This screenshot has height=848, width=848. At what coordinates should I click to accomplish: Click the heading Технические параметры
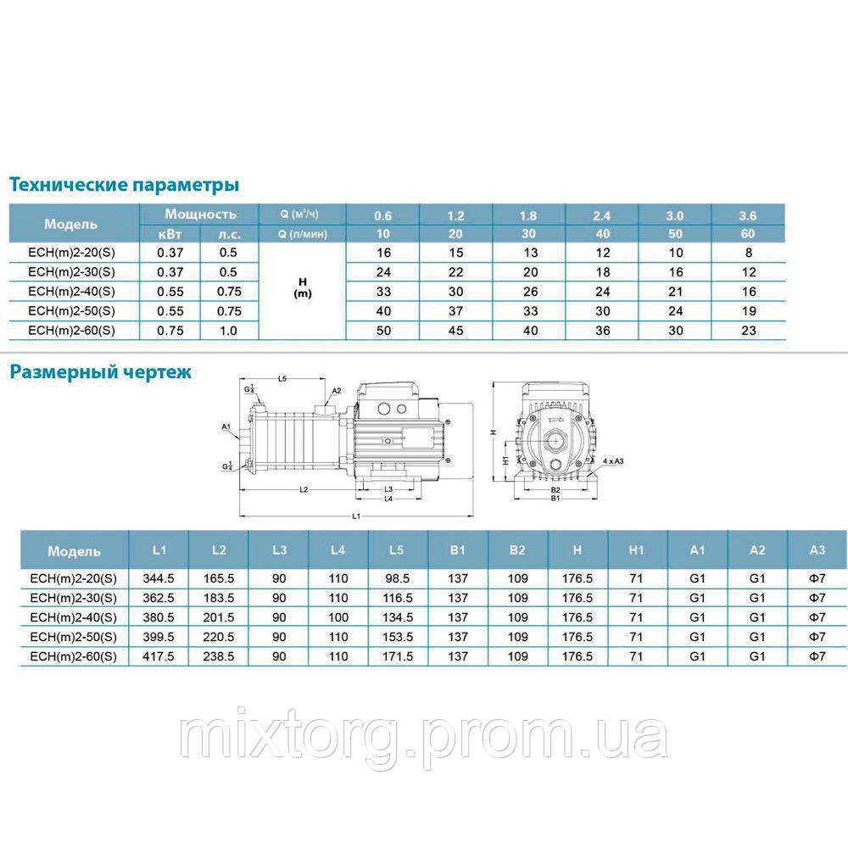(x=124, y=185)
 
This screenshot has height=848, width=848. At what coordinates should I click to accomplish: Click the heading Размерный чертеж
(x=100, y=371)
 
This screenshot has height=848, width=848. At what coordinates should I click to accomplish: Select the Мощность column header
(x=200, y=215)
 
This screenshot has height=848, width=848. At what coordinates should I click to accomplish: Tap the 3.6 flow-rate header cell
(x=747, y=215)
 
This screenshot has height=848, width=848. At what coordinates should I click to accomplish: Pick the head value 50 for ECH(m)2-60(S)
(x=382, y=331)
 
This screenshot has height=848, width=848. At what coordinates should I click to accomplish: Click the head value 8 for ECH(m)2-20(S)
(x=747, y=253)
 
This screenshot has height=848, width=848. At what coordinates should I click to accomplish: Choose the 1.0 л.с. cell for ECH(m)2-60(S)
(x=229, y=331)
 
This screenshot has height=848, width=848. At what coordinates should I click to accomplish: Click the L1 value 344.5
(x=159, y=578)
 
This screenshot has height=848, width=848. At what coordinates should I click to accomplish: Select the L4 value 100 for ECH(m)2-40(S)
(x=338, y=616)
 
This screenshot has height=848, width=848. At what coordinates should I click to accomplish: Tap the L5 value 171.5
(x=396, y=656)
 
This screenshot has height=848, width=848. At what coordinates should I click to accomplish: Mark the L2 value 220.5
(x=219, y=636)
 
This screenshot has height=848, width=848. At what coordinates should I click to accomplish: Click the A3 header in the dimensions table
(x=817, y=550)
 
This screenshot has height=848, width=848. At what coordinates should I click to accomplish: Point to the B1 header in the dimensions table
(x=458, y=550)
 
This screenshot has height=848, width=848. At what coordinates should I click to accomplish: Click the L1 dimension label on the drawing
(x=356, y=516)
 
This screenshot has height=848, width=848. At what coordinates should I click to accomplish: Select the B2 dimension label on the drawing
(x=556, y=489)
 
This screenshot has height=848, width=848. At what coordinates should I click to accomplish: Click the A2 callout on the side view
(x=336, y=391)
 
